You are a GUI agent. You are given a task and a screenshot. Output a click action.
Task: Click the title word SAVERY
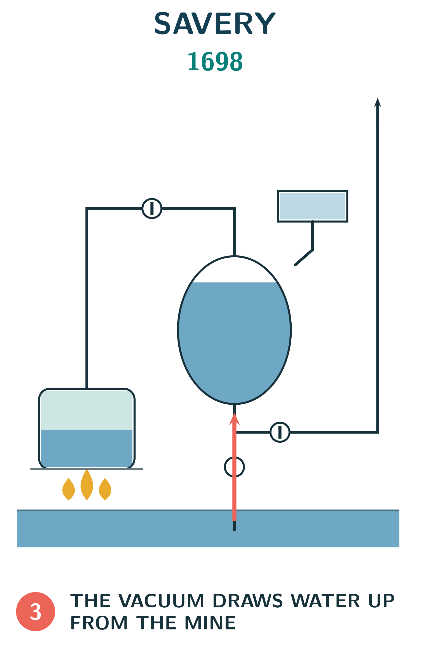215,23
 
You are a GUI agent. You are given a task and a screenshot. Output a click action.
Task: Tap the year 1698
215,62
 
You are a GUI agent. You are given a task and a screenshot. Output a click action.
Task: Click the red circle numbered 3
36,612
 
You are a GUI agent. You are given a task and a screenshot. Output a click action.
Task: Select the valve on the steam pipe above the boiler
152,209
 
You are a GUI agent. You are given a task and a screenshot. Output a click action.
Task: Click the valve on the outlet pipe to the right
280,432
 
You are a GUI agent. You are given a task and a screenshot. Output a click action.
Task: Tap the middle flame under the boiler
87,485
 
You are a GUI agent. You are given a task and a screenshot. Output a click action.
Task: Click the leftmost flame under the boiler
69,489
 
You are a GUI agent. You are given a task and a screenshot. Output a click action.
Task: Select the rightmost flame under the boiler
105,489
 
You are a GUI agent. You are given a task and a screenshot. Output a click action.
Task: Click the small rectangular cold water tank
312,206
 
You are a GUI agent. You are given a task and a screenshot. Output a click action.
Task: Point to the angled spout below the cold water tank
304,257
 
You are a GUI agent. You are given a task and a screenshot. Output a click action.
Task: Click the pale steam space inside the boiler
87,410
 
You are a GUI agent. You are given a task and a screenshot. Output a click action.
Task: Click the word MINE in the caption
210,623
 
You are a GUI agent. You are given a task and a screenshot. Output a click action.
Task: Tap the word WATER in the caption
325,600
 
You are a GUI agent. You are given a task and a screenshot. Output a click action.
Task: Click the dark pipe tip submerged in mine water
234,526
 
